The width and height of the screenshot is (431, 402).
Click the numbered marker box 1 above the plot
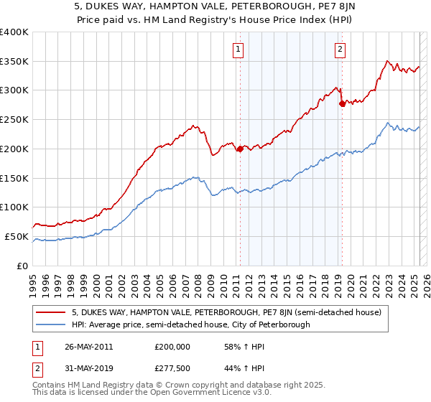pos(238,50)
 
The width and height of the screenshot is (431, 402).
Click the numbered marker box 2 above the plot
pos(339,50)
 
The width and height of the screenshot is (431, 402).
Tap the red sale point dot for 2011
pos(239,149)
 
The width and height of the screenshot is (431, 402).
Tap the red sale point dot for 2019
pos(343,103)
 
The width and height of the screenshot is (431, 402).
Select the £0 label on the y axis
pos(23,266)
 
